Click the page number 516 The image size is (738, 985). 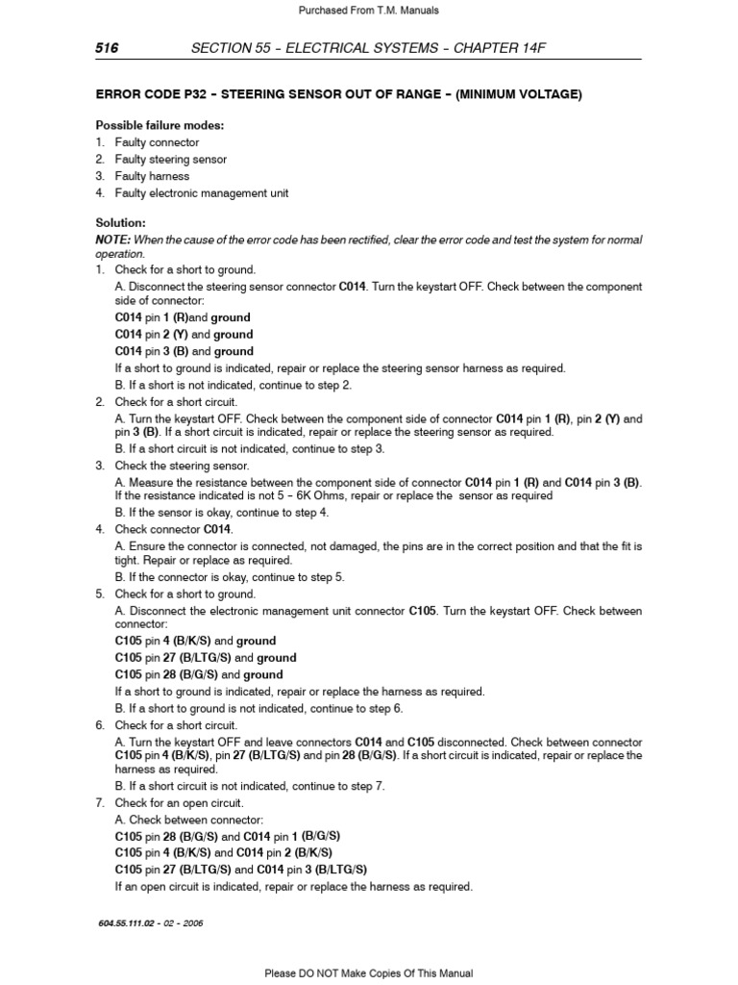(106, 48)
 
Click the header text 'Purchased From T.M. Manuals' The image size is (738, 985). (369, 10)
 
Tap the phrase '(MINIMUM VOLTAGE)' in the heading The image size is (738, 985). (519, 94)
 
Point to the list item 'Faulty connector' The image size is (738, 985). (157, 142)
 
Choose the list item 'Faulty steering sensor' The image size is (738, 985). (170, 160)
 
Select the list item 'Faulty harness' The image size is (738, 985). (152, 176)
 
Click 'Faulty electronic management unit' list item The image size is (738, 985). (201, 193)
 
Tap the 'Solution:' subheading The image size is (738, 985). (120, 223)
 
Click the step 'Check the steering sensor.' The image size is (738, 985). (182, 466)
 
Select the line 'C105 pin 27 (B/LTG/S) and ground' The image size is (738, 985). (206, 658)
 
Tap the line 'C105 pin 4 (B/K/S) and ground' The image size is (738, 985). (195, 641)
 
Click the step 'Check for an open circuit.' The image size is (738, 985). (179, 802)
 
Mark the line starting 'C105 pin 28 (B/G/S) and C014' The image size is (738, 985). (228, 836)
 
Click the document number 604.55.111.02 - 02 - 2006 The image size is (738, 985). (150, 922)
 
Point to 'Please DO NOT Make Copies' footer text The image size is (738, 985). (369, 973)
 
